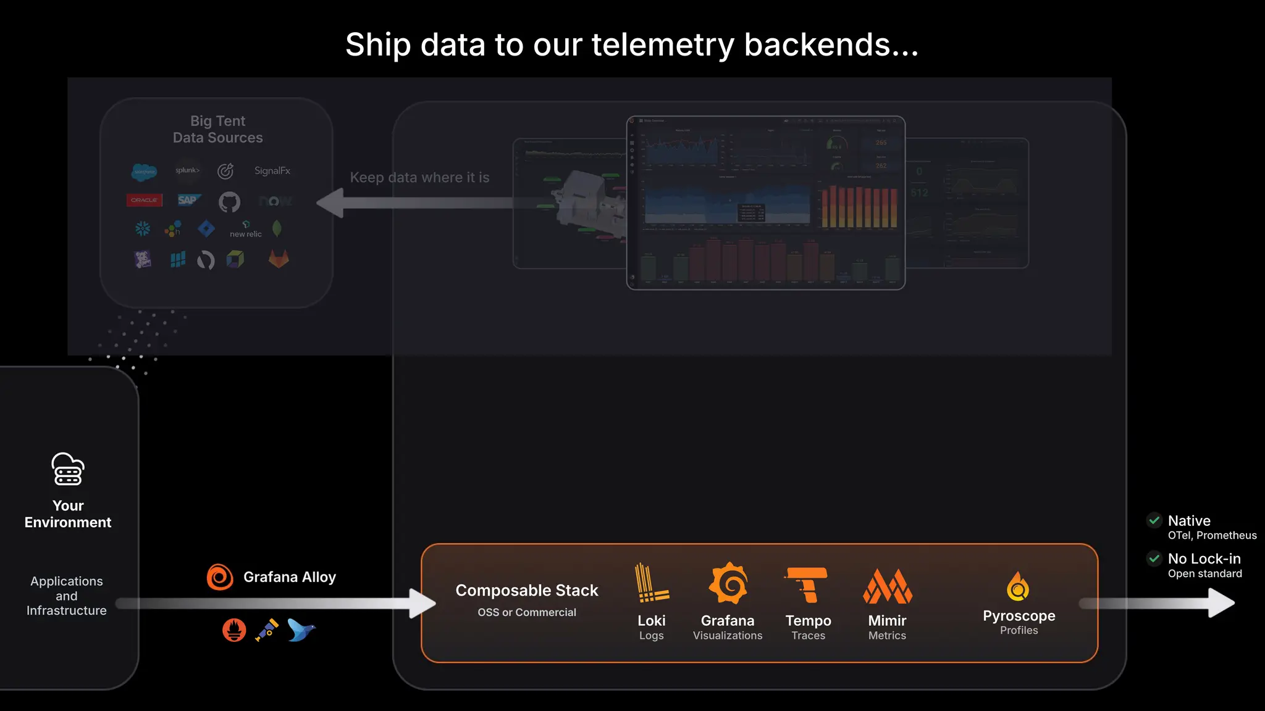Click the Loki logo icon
pos(651,583)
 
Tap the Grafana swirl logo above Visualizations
pos(728,583)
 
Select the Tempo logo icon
pos(807,584)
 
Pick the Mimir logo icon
pos(887,586)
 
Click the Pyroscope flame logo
pos(1018,586)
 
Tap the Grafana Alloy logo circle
pos(220,577)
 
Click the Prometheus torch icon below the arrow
pos(234,630)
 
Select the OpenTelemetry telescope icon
pos(267,630)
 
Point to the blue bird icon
pos(301,630)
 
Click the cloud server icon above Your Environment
pos(68,470)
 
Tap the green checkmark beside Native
pos(1154,520)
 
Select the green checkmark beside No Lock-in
pos(1154,559)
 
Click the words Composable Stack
pos(527,591)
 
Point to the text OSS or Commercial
pos(527,612)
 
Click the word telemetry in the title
pos(663,45)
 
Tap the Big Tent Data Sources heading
pos(218,130)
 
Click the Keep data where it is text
pos(419,178)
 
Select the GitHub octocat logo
pos(229,201)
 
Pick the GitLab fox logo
pos(279,259)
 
